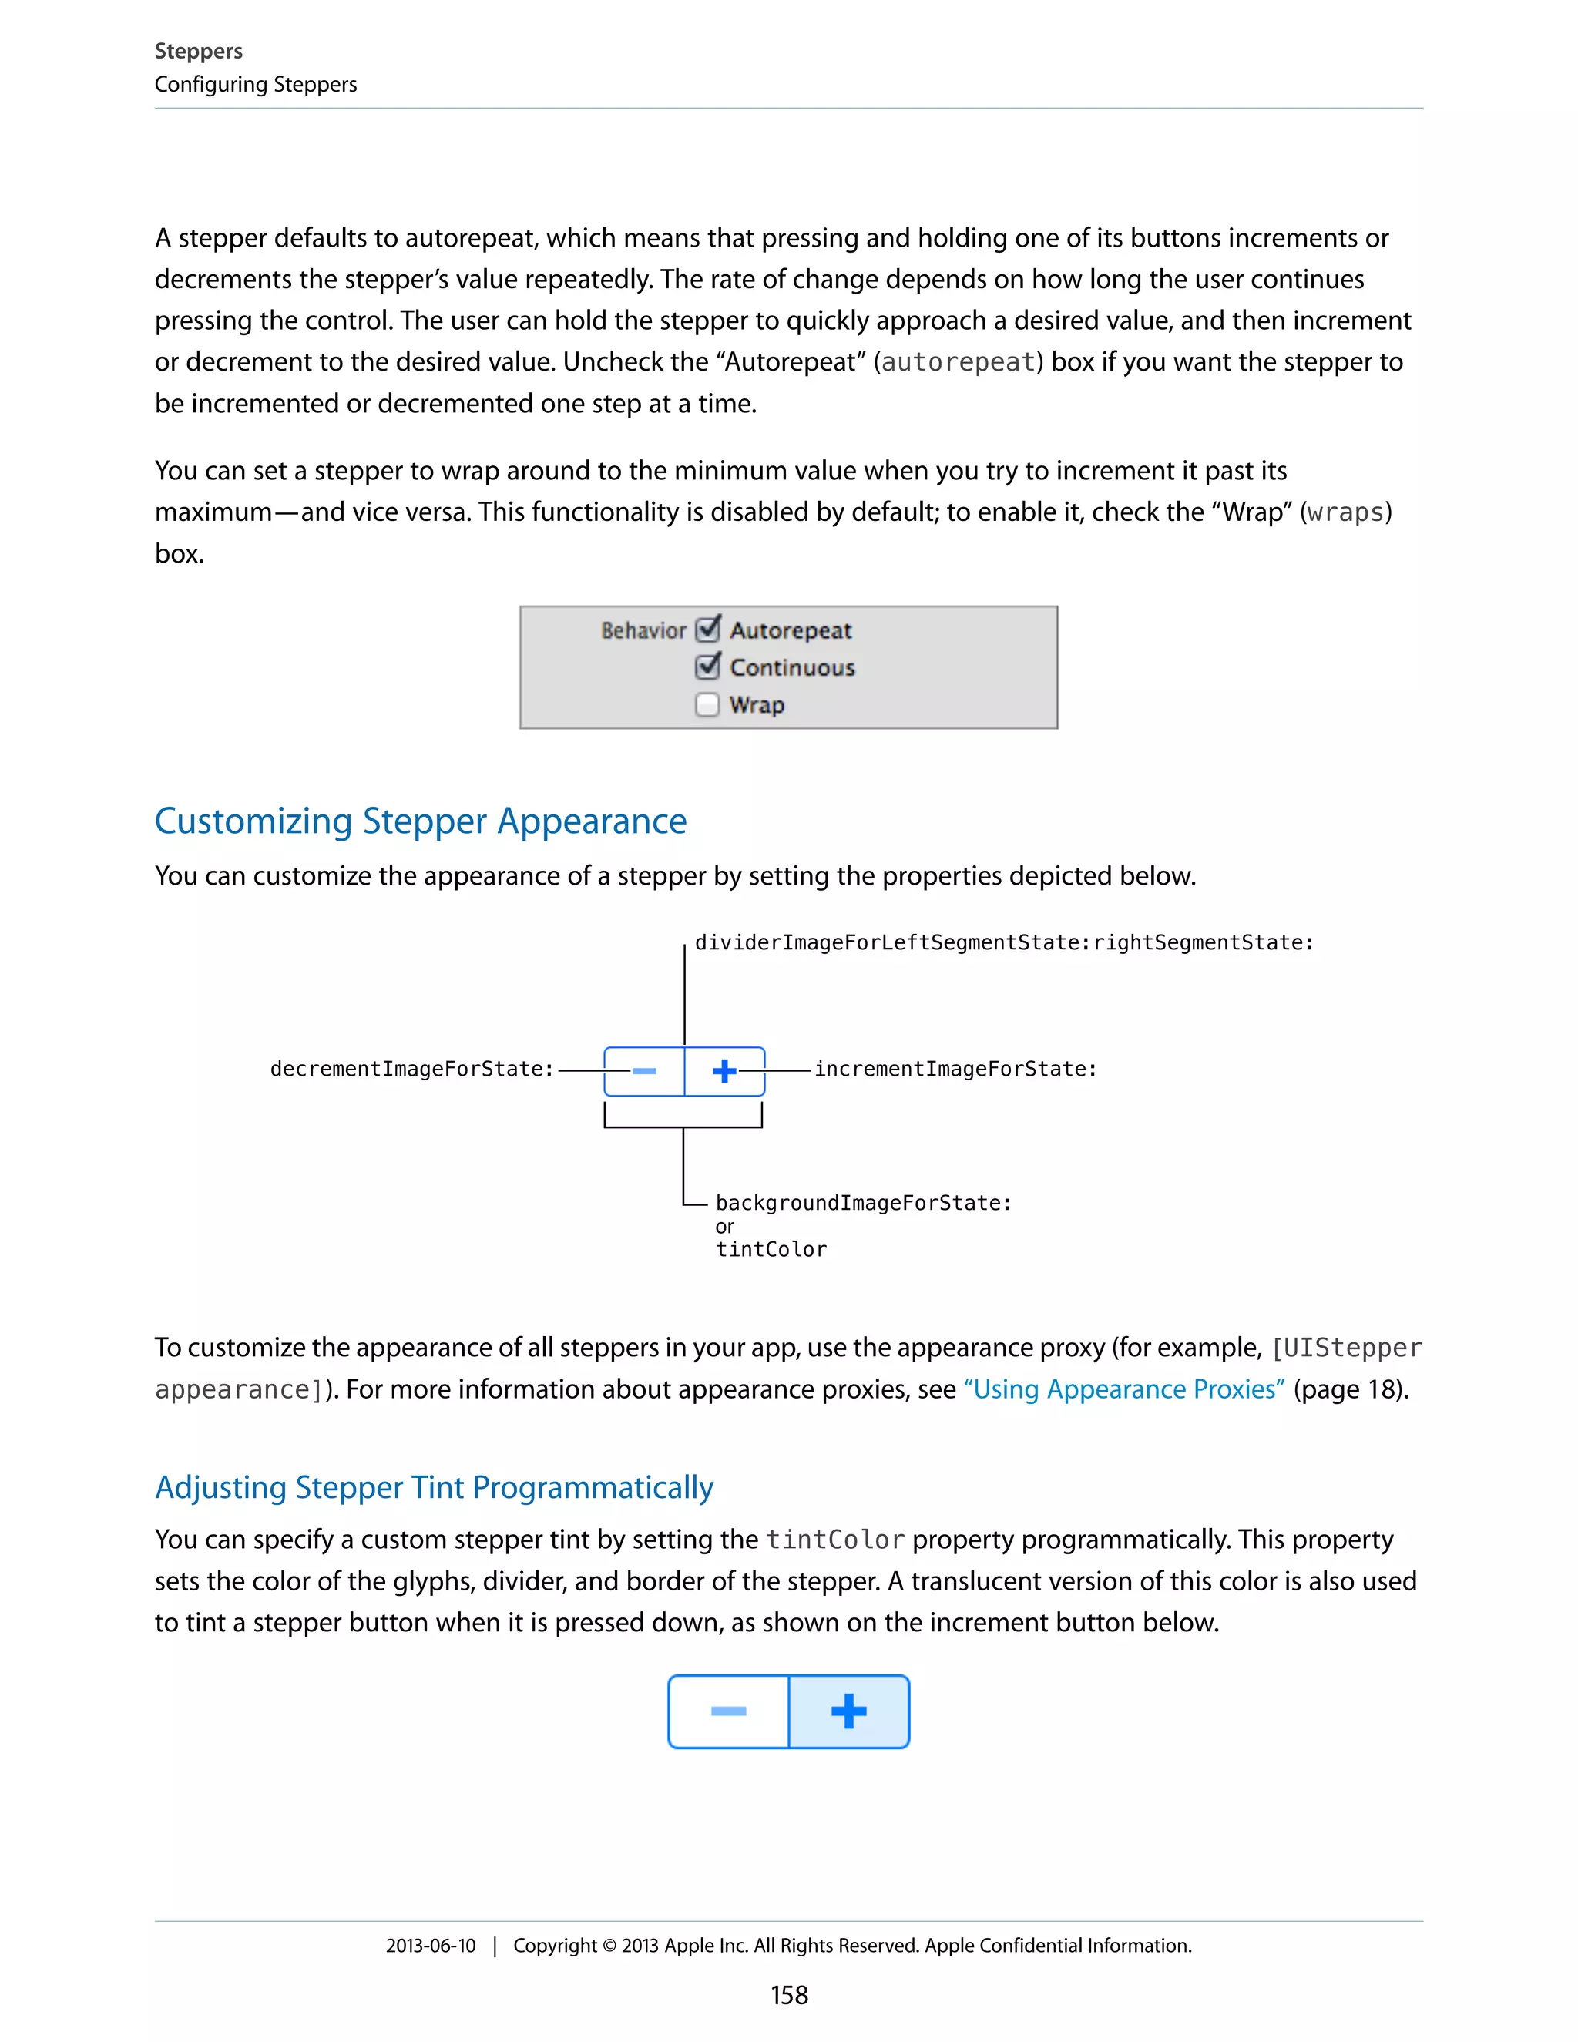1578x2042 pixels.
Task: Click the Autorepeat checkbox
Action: coord(707,630)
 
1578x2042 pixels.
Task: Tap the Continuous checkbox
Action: coord(707,667)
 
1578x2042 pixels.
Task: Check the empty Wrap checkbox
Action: coord(707,704)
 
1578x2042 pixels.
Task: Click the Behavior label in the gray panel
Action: coord(643,630)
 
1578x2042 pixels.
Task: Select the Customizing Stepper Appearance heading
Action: coord(421,821)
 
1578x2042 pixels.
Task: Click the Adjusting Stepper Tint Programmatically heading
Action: coord(434,1486)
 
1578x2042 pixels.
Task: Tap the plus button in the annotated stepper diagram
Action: coord(724,1070)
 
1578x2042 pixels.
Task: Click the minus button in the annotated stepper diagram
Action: coord(644,1070)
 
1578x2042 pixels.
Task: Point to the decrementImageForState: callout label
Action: coord(411,1069)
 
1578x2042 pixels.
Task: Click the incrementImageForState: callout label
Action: coord(955,1069)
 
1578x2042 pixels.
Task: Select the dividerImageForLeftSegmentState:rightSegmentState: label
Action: coord(1004,942)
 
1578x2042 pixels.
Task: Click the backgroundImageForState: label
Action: coord(863,1202)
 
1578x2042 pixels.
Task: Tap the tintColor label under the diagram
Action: coord(771,1249)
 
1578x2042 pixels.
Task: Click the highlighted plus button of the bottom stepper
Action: coord(849,1711)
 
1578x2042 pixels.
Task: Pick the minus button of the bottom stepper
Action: coord(728,1711)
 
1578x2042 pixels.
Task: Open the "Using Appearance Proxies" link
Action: coord(1123,1389)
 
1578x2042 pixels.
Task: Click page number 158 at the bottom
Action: coord(789,1995)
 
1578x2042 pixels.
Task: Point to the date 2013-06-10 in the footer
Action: coord(430,1946)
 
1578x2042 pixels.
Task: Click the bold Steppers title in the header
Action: coord(198,52)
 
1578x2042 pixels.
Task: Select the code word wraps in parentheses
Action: coord(1345,512)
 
